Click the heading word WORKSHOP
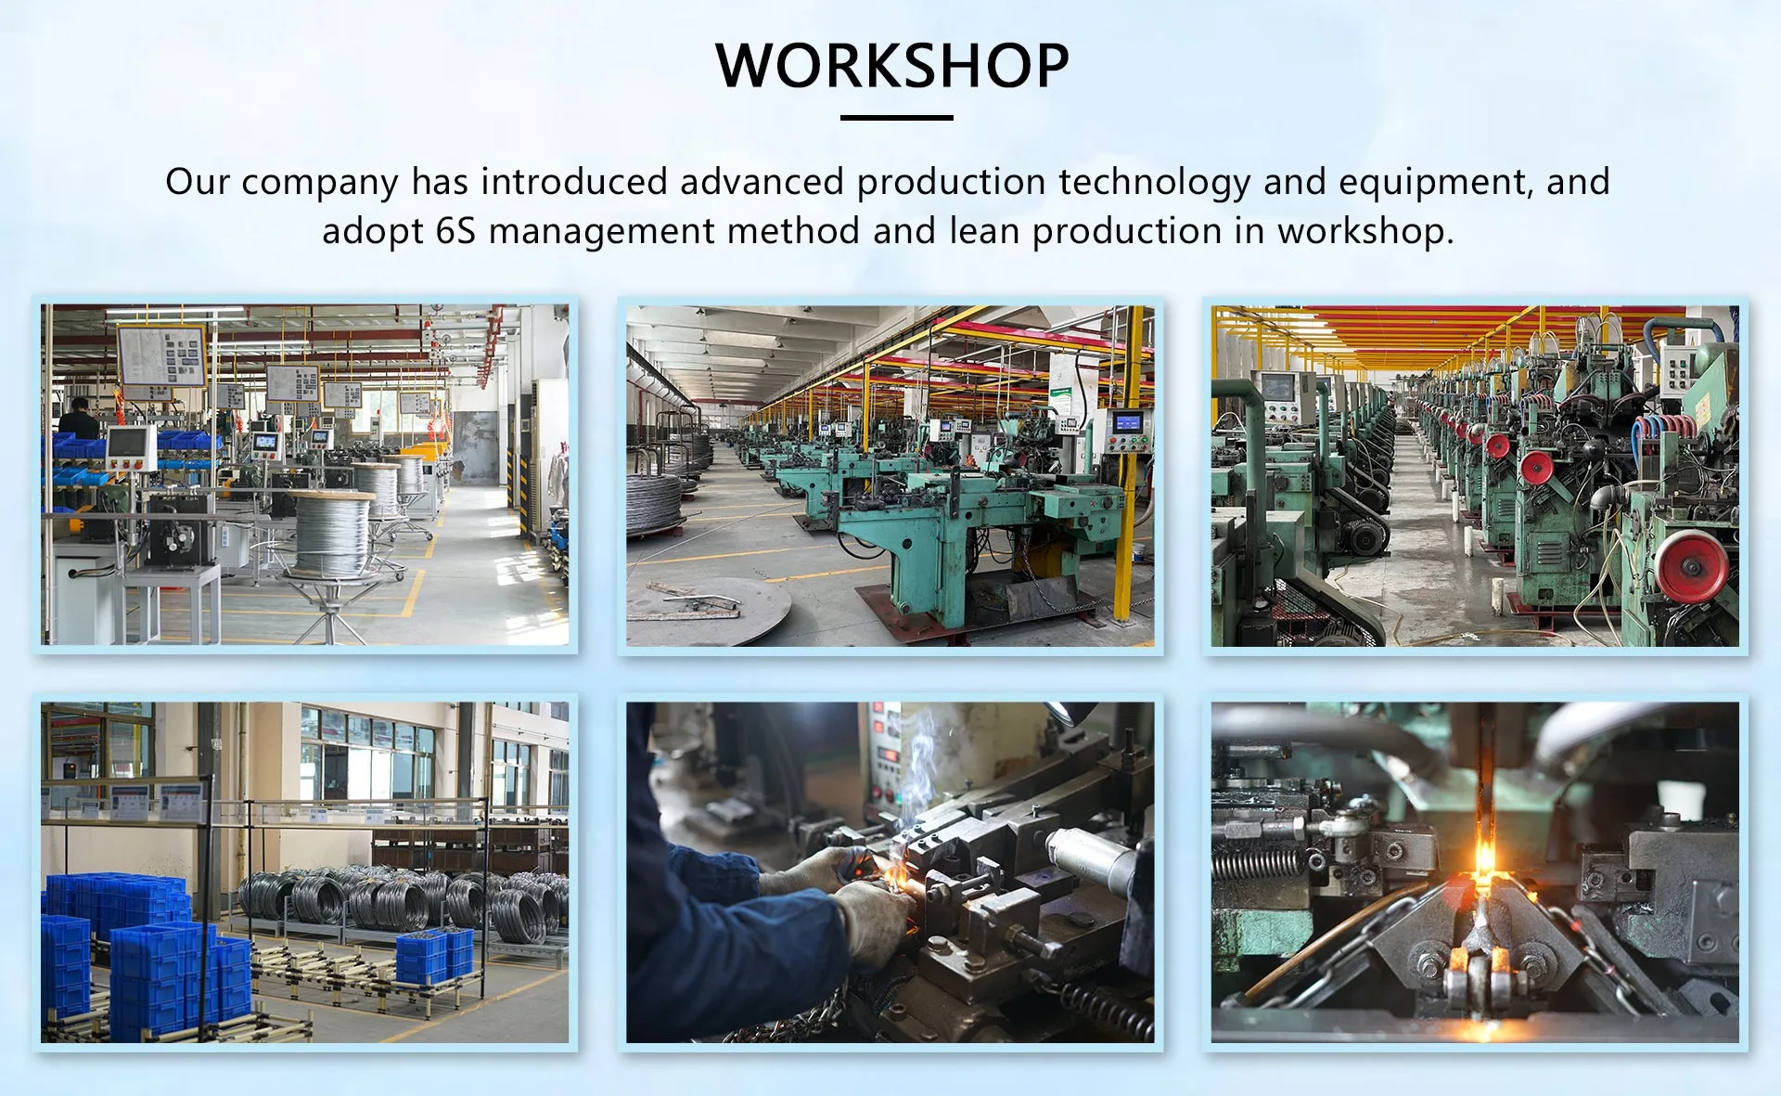click(892, 66)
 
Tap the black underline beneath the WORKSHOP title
click(896, 118)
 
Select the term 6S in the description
click(455, 231)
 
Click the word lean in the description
click(984, 231)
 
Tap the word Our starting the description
click(198, 182)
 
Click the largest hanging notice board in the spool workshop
click(161, 355)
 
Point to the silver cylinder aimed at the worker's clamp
click(1091, 856)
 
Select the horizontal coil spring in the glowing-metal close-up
click(1261, 865)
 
